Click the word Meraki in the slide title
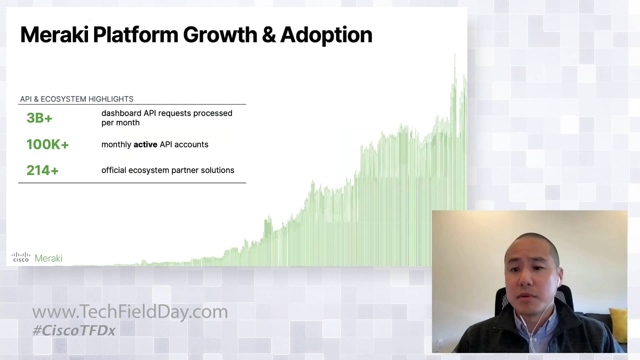point(54,35)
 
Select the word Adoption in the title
point(326,35)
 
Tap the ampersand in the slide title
point(269,35)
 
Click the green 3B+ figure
point(39,118)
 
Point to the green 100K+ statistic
point(47,144)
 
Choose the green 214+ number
point(42,170)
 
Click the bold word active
point(145,144)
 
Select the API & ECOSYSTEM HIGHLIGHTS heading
point(77,99)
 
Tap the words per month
point(120,123)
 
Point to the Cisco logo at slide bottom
point(21,257)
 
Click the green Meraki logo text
point(48,258)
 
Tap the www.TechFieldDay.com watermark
point(130,312)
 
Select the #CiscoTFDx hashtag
point(74,330)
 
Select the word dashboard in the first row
point(121,113)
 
